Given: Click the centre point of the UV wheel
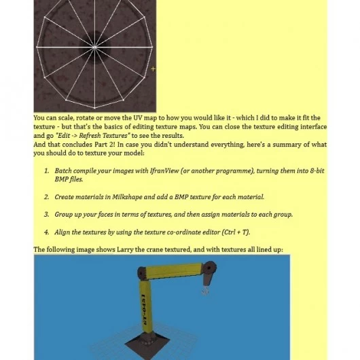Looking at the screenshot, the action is pyautogui.click(x=94, y=48).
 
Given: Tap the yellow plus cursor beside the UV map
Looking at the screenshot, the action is pyautogui.click(x=153, y=69).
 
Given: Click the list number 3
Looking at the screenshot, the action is pyautogui.click(x=47, y=215).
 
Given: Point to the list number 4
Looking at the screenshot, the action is pyautogui.click(x=47, y=232).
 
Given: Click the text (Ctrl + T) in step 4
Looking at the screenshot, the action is pyautogui.click(x=236, y=232).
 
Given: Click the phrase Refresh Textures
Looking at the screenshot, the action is pyautogui.click(x=103, y=136).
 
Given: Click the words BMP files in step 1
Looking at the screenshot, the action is pyautogui.click(x=69, y=179).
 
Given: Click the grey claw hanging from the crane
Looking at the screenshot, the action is pyautogui.click(x=205, y=291).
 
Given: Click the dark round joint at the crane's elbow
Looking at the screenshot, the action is pyautogui.click(x=142, y=273).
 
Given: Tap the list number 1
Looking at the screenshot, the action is pyautogui.click(x=47, y=170).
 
